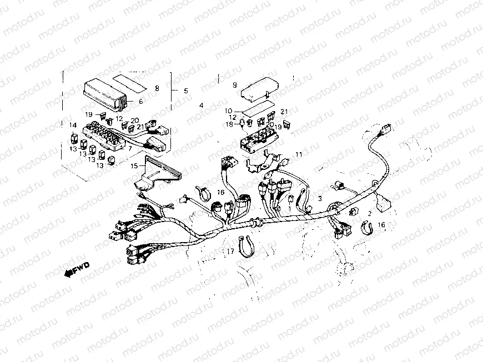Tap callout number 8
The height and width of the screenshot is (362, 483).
[x=157, y=88]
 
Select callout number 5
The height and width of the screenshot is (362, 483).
[x=185, y=90]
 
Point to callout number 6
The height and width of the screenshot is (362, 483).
[x=140, y=102]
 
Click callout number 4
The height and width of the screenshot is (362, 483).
[x=201, y=105]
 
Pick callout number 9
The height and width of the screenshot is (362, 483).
[x=234, y=85]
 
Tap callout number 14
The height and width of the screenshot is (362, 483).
[x=72, y=125]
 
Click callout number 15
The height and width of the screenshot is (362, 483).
[x=133, y=165]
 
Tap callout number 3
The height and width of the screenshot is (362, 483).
[x=319, y=198]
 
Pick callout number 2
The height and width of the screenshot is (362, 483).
[x=369, y=213]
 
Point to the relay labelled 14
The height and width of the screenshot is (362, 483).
[x=74, y=136]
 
